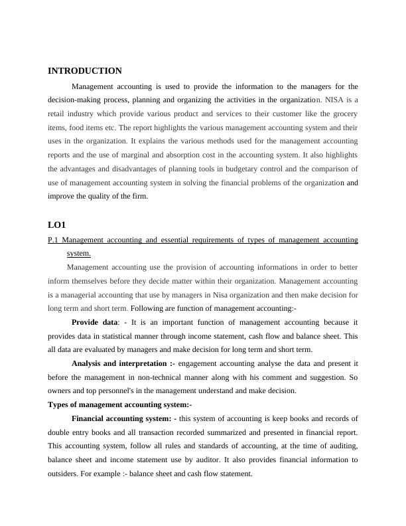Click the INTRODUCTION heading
pyautogui.click(x=85, y=71)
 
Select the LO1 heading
pyautogui.click(x=57, y=225)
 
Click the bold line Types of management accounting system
pyautogui.click(x=119, y=404)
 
